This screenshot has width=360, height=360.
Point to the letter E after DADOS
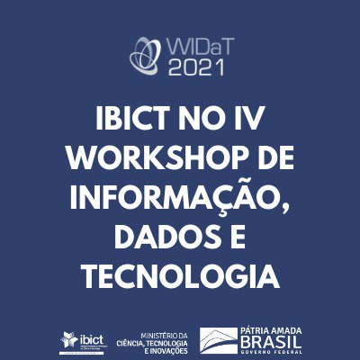click(x=237, y=237)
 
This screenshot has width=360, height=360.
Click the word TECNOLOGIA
click(x=180, y=275)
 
